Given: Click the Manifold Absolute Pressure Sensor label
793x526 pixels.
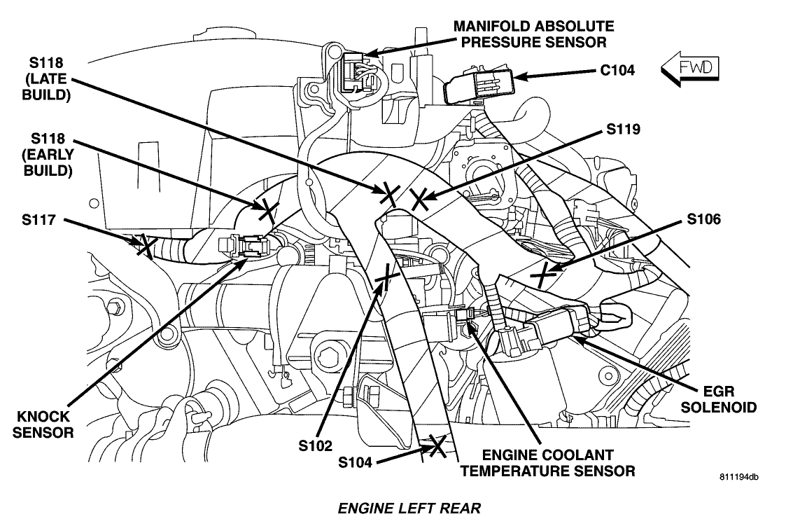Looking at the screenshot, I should [533, 34].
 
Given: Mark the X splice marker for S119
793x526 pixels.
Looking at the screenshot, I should [419, 200].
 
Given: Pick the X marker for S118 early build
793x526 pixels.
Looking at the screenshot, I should [265, 207].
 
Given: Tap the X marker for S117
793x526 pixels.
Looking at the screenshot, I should [146, 244].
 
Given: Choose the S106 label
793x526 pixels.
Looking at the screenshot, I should [703, 219].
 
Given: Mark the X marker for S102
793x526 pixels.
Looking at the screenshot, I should [384, 281].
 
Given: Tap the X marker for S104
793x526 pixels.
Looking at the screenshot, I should [438, 445].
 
